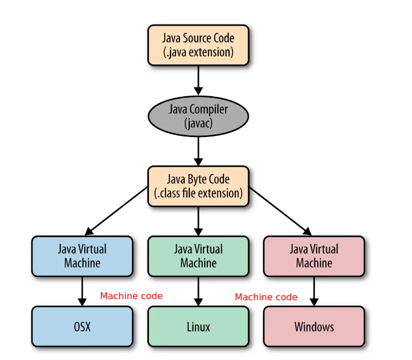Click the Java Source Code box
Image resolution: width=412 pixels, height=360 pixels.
198,45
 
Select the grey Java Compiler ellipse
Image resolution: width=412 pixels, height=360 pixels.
198,115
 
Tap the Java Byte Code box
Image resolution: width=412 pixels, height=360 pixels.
198,186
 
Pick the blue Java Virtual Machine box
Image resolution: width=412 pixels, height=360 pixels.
82,256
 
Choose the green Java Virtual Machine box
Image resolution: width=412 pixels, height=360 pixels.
198,256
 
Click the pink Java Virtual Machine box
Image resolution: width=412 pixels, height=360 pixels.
314,256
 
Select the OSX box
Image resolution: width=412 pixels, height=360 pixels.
82,326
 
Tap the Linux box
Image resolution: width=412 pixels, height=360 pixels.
198,326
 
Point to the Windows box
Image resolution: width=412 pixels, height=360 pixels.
314,326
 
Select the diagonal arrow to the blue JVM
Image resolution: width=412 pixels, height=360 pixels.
116,210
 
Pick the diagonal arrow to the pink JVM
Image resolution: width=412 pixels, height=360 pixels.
280,210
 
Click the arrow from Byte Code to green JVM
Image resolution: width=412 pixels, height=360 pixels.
198,221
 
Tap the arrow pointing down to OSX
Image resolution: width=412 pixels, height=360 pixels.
82,291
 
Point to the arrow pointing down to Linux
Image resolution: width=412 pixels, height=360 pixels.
198,291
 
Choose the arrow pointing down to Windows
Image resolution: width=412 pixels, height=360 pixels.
314,291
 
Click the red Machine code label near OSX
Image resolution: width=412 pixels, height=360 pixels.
131,296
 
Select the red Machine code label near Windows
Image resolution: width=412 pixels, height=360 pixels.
266,297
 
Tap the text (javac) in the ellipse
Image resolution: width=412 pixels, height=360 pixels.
198,123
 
